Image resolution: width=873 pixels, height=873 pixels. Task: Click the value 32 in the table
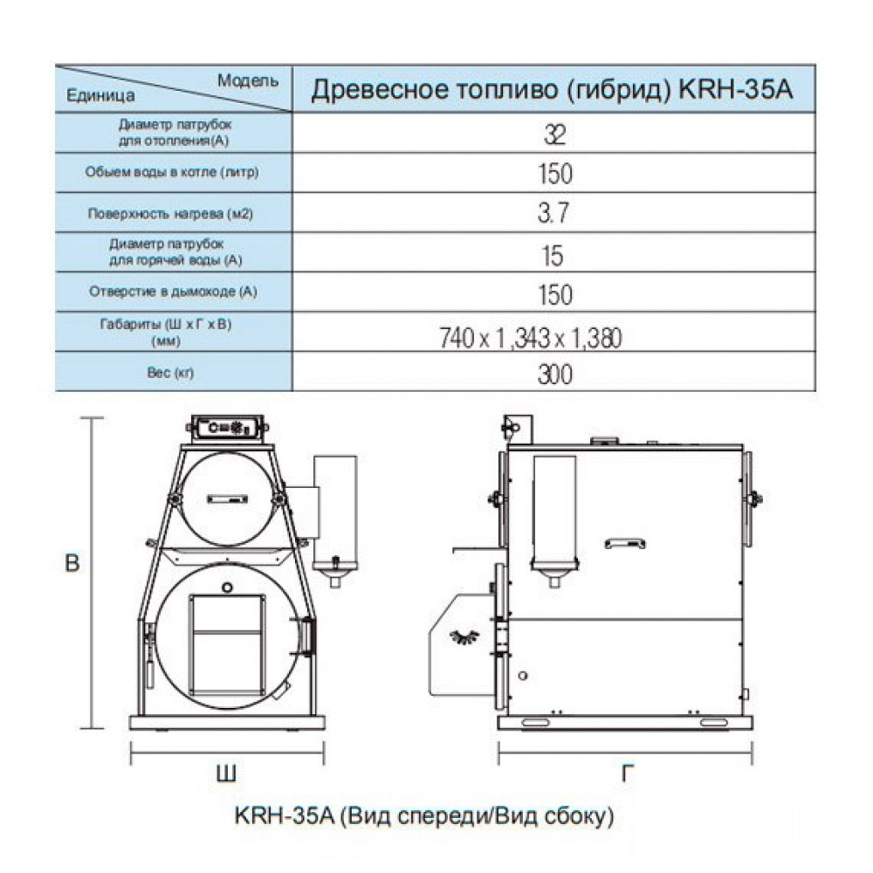(x=554, y=134)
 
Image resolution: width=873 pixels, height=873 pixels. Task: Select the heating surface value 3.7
(x=553, y=213)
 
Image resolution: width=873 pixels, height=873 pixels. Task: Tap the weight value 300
(x=554, y=374)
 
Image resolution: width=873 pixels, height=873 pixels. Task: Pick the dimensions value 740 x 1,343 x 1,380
(x=531, y=338)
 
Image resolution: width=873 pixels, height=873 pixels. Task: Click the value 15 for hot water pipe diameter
(x=553, y=256)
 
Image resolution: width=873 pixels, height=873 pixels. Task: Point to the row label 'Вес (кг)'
(x=170, y=373)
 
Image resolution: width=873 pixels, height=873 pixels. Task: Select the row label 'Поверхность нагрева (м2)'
(x=170, y=214)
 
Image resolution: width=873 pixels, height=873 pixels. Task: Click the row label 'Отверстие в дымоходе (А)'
(x=173, y=292)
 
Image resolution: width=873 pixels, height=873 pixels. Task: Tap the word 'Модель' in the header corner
(x=248, y=80)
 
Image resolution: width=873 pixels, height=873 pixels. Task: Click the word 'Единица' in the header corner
(x=100, y=95)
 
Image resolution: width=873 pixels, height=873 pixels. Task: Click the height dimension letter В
(x=72, y=563)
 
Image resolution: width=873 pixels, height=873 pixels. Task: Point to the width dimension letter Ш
(x=226, y=773)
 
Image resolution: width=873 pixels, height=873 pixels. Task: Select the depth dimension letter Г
(x=628, y=773)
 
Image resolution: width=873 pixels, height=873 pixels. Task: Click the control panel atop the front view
(x=227, y=429)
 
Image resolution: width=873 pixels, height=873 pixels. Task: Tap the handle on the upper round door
(x=227, y=498)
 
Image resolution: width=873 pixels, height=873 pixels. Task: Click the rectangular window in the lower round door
(x=227, y=643)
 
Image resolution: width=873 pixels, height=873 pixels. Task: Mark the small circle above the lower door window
(x=227, y=588)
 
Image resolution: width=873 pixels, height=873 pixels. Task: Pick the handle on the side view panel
(x=625, y=543)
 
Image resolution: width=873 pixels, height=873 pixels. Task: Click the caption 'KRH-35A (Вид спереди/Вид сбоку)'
(x=424, y=816)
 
